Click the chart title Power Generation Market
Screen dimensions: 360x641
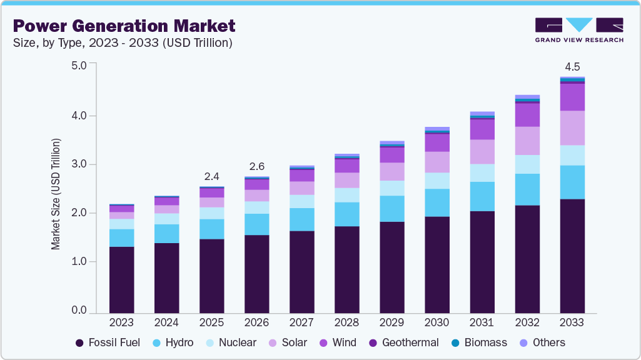coord(124,26)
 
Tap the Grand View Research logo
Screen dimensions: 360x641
coord(578,30)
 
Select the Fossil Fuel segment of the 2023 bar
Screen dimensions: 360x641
coord(121,279)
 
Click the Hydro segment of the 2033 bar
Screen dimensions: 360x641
coord(572,182)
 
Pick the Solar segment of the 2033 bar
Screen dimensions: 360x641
coord(572,128)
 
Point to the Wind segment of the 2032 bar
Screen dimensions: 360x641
coord(527,115)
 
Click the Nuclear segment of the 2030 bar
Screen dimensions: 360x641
coord(437,181)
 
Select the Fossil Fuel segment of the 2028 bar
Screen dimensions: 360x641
coord(346,269)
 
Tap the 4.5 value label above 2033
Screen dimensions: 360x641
coord(572,67)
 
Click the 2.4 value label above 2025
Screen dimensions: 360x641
coord(211,176)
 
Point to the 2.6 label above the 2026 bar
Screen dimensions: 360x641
coord(256,166)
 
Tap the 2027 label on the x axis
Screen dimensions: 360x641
coord(301,322)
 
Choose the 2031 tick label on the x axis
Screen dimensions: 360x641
coord(482,322)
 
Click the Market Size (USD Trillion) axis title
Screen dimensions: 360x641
coord(56,194)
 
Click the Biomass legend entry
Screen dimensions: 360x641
coord(481,342)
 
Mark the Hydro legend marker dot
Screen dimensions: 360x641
coord(158,343)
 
